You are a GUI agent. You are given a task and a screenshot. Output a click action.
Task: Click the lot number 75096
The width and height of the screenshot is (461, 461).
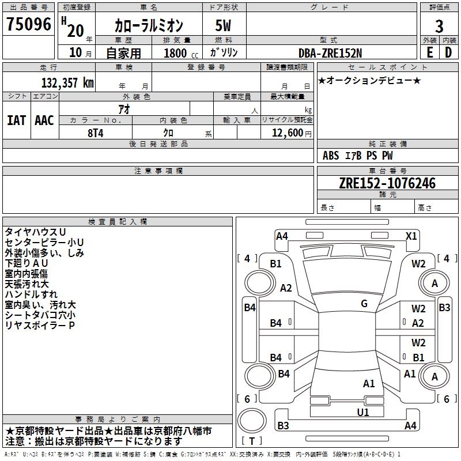[28, 25]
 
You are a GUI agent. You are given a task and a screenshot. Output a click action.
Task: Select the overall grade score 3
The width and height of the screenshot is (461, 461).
[439, 27]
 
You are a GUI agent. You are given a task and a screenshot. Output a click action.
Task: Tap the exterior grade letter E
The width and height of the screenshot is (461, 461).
[429, 52]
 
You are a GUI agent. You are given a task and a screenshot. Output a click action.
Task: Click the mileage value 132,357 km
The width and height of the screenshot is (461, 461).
[67, 83]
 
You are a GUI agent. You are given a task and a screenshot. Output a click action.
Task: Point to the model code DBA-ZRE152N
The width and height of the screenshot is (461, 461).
[330, 52]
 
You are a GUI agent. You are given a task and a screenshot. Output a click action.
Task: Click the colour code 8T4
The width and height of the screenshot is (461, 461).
[96, 132]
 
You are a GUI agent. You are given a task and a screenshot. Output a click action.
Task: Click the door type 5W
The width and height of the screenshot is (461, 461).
[224, 27]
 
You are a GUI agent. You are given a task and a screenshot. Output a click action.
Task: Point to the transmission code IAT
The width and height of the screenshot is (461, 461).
[16, 120]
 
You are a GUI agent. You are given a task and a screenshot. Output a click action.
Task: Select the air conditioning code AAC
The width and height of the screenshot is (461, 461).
[44, 120]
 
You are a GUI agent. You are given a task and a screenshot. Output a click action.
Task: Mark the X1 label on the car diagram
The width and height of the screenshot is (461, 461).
[411, 236]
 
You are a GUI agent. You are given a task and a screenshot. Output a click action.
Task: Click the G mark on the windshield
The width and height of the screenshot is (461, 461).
[364, 304]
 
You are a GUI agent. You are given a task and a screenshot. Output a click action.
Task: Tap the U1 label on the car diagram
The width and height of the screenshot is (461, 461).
[362, 412]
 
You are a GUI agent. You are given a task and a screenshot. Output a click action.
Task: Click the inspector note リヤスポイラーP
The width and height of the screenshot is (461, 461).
[40, 326]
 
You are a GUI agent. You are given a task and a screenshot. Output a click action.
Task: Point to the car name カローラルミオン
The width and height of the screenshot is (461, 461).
[148, 27]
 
